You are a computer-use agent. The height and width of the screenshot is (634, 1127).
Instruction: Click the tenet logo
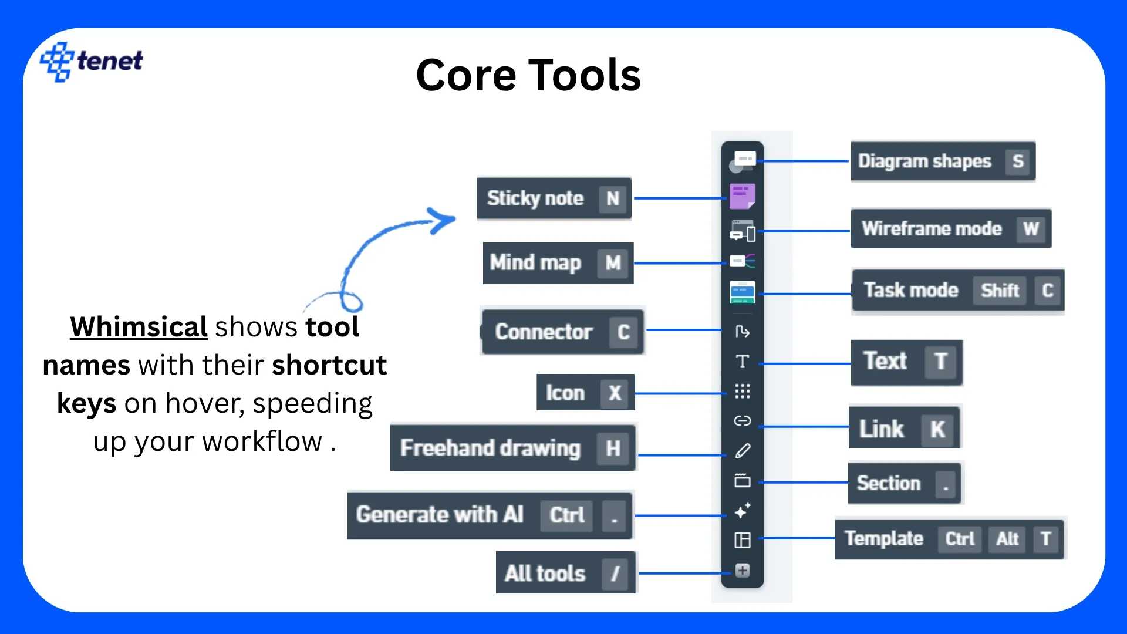pyautogui.click(x=92, y=61)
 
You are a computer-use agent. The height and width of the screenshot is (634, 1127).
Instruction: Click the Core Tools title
pyautogui.click(x=528, y=75)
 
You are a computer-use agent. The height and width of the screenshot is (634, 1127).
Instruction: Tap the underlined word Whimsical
pyautogui.click(x=139, y=327)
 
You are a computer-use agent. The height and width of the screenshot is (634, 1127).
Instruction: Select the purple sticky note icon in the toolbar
pyautogui.click(x=742, y=196)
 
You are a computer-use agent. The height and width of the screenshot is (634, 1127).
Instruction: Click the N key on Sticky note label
pyautogui.click(x=612, y=198)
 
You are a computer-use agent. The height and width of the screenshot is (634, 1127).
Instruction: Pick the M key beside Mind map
pyautogui.click(x=613, y=262)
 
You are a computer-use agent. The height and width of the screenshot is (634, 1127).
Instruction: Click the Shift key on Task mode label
pyautogui.click(x=1000, y=290)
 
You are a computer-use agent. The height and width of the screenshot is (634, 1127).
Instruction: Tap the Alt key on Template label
pyautogui.click(x=1007, y=538)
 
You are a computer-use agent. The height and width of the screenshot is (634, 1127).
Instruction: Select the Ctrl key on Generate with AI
pyautogui.click(x=566, y=515)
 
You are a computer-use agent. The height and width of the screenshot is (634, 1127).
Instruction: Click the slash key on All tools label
pyautogui.click(x=615, y=573)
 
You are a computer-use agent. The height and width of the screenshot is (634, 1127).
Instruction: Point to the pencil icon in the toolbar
pyautogui.click(x=743, y=451)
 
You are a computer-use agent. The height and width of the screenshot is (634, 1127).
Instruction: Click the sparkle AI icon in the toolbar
pyautogui.click(x=743, y=510)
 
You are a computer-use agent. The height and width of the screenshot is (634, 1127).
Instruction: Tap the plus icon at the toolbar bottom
pyautogui.click(x=743, y=571)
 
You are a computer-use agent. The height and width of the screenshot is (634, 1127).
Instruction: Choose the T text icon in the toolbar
pyautogui.click(x=743, y=362)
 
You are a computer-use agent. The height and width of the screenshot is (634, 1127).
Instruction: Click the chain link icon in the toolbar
pyautogui.click(x=743, y=421)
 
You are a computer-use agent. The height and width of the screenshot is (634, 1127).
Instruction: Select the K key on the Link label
pyautogui.click(x=937, y=429)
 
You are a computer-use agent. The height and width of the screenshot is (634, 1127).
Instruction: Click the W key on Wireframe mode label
pyautogui.click(x=1031, y=228)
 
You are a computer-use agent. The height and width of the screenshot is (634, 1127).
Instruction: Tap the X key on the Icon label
pyautogui.click(x=615, y=393)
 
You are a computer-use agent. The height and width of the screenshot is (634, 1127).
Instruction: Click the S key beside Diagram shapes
pyautogui.click(x=1018, y=161)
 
